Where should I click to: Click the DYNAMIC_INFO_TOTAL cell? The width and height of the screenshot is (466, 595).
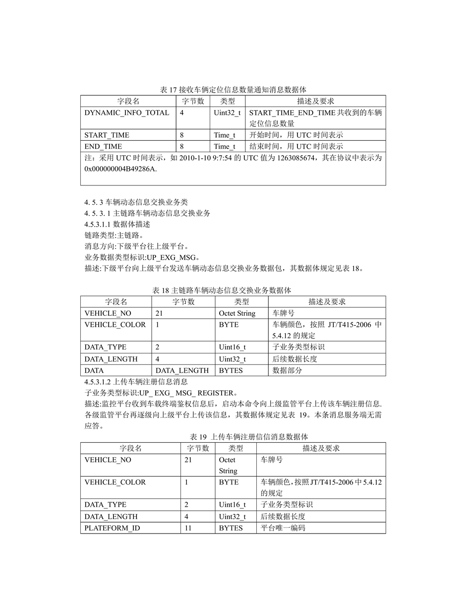tap(126, 113)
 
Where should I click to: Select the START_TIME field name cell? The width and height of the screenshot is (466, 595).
tap(107, 135)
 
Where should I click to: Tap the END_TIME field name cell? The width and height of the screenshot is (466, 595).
tap(103, 146)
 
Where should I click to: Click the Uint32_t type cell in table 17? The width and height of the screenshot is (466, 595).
tap(227, 113)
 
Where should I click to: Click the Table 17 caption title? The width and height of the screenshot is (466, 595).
tap(233, 90)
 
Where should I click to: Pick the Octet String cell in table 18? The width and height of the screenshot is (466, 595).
tap(237, 313)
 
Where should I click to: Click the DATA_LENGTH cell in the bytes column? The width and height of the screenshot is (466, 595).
tap(182, 370)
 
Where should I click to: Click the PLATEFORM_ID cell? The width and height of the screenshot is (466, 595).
tap(112, 528)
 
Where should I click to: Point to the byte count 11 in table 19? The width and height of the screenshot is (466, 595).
tap(188, 528)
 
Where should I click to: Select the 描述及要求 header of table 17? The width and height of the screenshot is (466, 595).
tap(315, 101)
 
